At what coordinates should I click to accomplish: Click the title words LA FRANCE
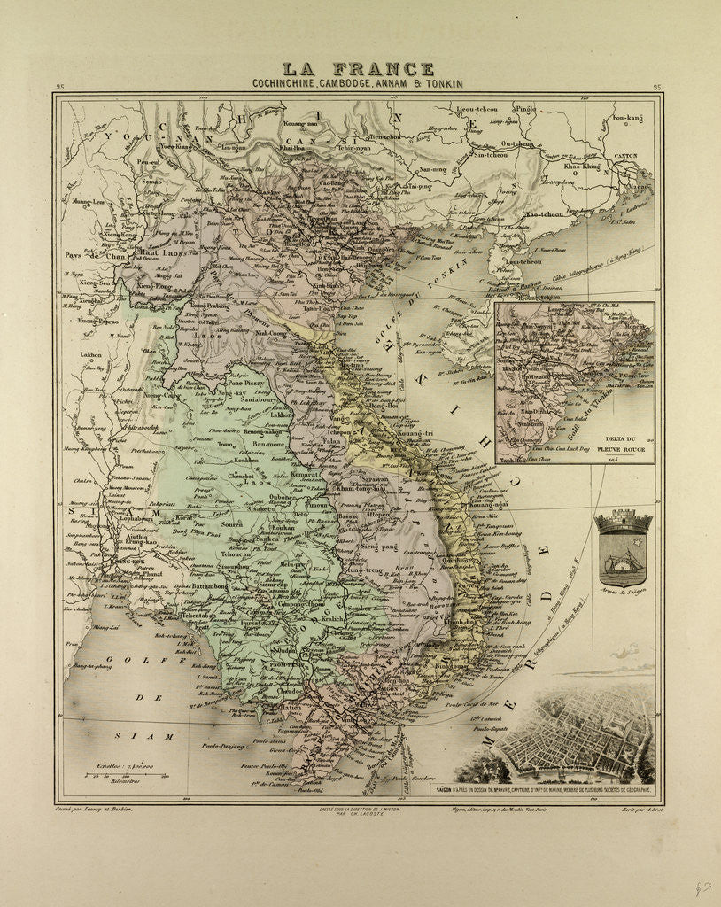pos(359,69)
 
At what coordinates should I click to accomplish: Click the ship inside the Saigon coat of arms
pos(624,562)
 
